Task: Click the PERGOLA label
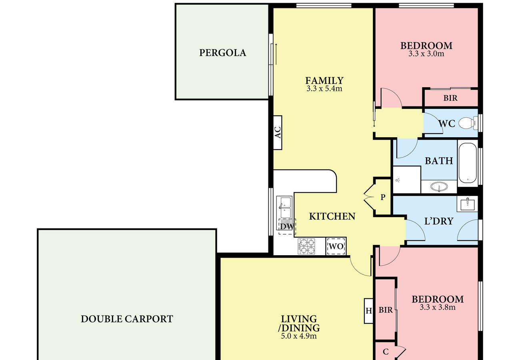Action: [x=223, y=53]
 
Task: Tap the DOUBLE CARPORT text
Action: [x=127, y=319]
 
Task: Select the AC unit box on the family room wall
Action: [x=278, y=132]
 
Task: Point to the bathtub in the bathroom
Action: [x=468, y=163]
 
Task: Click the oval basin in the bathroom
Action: [x=439, y=186]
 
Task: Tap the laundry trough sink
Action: [x=468, y=204]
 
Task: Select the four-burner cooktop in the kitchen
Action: [x=306, y=246]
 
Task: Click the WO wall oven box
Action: [x=336, y=246]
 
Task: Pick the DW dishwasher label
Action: [x=287, y=226]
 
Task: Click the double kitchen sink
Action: [x=285, y=208]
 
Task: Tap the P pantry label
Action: [x=383, y=197]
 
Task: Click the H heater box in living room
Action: [x=369, y=311]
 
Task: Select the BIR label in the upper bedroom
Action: [x=450, y=98]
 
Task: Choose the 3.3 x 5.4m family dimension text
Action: [x=324, y=89]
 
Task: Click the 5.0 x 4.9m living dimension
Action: [x=299, y=336]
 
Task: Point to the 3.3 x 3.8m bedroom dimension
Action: [x=438, y=308]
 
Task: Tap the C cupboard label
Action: [x=386, y=352]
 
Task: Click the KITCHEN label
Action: [x=332, y=216]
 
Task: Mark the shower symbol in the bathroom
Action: [x=398, y=180]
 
